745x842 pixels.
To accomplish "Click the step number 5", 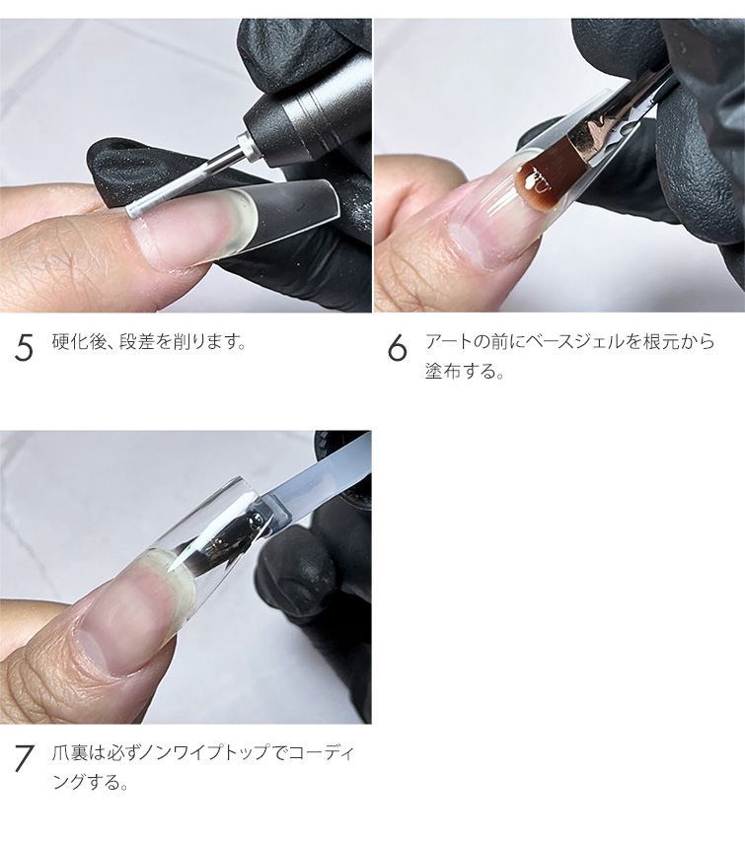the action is click(x=24, y=347).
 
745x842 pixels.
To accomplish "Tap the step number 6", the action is click(x=398, y=347).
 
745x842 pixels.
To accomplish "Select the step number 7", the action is click(x=24, y=759).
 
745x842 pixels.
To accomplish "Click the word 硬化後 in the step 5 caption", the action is click(x=77, y=341).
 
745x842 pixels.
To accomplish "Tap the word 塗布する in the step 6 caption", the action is click(x=459, y=371).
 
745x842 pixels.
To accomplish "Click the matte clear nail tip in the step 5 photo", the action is click(x=279, y=215).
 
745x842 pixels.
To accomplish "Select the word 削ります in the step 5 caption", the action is click(x=207, y=341).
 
